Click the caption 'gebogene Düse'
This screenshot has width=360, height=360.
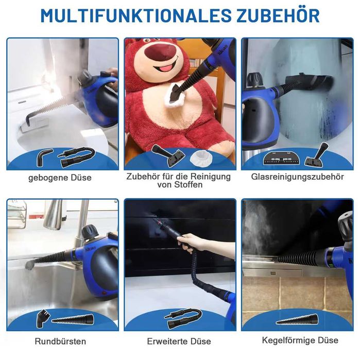60,178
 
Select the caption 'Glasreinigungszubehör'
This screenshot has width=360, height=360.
297,177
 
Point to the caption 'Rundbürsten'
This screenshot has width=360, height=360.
60,341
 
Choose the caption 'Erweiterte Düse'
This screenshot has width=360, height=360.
179,341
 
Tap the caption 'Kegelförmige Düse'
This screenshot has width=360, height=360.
300,340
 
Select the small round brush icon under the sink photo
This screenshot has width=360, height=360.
42,318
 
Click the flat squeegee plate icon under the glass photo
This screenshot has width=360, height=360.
282,158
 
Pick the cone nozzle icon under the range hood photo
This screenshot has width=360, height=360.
297,319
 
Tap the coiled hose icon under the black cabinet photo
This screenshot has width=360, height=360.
184,318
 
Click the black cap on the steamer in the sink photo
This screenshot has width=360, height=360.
91,232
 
